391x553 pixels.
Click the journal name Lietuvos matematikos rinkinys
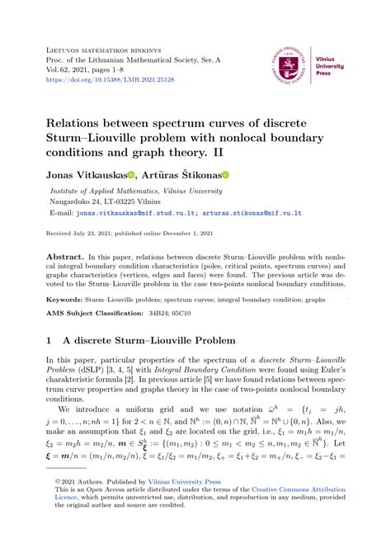coord(113,50)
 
